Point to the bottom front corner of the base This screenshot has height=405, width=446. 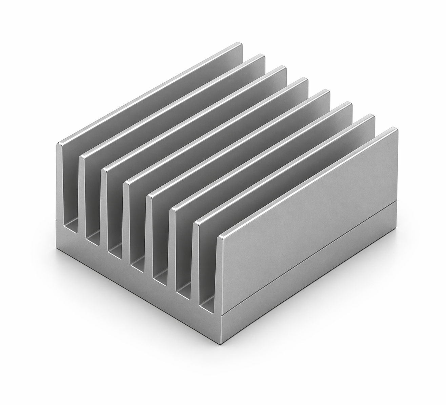[x=221, y=342]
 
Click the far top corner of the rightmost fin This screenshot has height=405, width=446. [x=395, y=129]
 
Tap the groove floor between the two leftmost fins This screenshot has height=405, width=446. [x=72, y=225]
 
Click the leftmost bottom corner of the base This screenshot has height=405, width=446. [x=56, y=244]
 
